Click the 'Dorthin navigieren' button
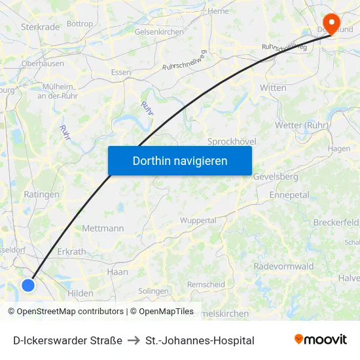coord(180,160)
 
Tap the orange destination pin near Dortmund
coord(332,23)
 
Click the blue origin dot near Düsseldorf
coord(28,285)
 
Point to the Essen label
coord(121,72)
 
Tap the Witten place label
coord(273,87)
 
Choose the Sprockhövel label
coord(231,141)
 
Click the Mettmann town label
coord(103,228)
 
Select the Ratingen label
coord(42,194)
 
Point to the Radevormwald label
coord(283,266)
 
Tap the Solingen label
coord(154,291)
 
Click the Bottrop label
coord(80,24)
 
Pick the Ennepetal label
coord(289,195)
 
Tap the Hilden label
coord(81,293)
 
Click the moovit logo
coord(321,339)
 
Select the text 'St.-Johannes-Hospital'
coord(200,340)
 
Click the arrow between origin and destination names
coord(134,340)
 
